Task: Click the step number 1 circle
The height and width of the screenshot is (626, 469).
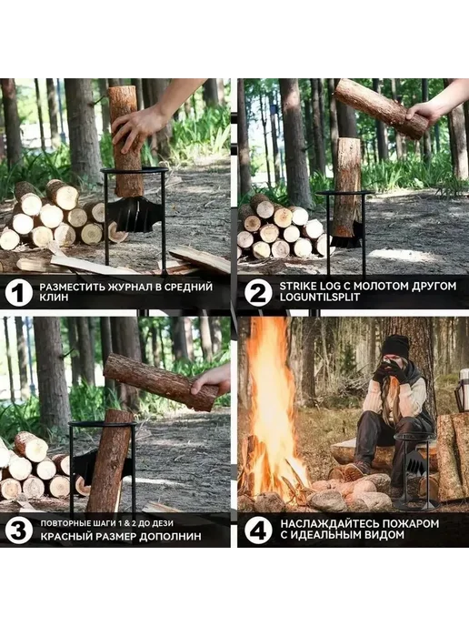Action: click(19, 293)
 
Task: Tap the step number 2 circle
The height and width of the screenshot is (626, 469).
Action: click(258, 293)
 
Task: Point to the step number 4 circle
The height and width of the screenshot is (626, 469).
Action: click(258, 530)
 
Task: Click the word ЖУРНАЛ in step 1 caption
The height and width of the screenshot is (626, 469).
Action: click(127, 287)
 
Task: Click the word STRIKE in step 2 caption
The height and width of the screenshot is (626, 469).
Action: click(295, 287)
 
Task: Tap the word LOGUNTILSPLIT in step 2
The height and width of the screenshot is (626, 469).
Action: click(319, 298)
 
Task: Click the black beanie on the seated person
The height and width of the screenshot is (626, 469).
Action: click(395, 346)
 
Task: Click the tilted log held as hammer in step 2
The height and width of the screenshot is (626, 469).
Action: click(381, 108)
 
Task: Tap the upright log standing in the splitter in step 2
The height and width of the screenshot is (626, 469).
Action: click(346, 187)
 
